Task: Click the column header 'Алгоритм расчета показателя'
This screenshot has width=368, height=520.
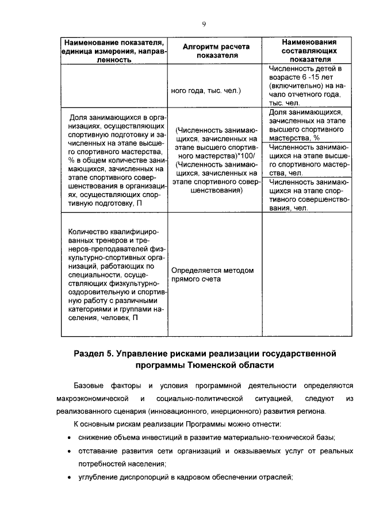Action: (x=216, y=51)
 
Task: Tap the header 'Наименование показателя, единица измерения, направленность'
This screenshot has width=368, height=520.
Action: (x=114, y=51)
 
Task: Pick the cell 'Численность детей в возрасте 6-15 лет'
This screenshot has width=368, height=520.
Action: (x=305, y=85)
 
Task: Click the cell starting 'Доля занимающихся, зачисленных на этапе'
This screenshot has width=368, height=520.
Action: (x=305, y=125)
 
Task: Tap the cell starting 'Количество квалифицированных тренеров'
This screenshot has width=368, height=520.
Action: (x=114, y=274)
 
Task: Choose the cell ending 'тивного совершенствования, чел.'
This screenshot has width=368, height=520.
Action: (x=305, y=195)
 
